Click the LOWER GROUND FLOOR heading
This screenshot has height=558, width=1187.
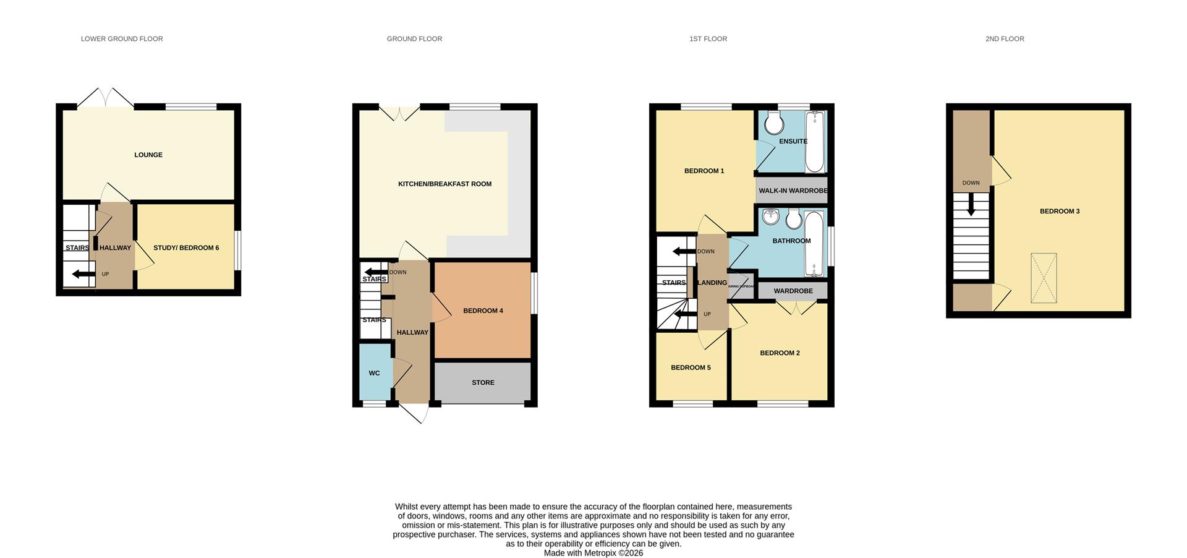coord(122,39)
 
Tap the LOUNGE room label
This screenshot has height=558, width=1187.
coord(148,155)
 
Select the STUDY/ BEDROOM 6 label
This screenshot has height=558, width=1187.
coord(186,248)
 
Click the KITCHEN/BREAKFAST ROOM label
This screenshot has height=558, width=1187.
coord(445,184)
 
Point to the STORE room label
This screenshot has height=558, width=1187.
coord(483,383)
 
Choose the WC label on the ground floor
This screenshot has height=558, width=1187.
coord(374,374)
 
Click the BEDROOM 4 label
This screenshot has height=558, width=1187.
coord(483,311)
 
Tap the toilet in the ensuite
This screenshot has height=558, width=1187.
coord(773,123)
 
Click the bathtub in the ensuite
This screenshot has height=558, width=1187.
coord(815,142)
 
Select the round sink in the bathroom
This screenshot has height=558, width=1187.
coord(771,217)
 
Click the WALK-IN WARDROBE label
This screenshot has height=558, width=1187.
coord(793,191)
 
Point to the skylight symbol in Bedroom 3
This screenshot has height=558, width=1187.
coord(1044,278)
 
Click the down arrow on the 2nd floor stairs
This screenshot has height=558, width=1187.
coord(971,205)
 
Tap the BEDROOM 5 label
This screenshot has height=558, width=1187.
coord(691,368)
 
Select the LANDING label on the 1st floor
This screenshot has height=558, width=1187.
coord(712,283)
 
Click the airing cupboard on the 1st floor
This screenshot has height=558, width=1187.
coord(741,286)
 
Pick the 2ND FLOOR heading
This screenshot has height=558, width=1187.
coord(1005,39)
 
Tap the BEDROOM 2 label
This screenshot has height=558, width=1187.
coord(780,353)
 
